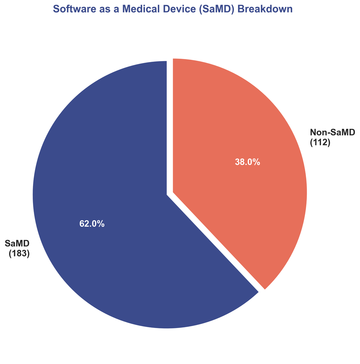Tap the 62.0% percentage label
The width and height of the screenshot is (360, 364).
click(92, 224)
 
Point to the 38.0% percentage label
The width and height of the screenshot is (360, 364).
click(247, 162)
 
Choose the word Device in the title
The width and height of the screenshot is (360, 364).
click(162, 9)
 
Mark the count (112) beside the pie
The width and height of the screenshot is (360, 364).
click(320, 143)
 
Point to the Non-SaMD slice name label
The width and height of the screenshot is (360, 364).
click(332, 132)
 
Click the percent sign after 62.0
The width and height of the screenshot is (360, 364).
click(101, 224)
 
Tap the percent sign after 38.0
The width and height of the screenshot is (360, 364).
click(256, 162)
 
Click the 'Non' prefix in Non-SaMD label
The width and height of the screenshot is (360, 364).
click(318, 132)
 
